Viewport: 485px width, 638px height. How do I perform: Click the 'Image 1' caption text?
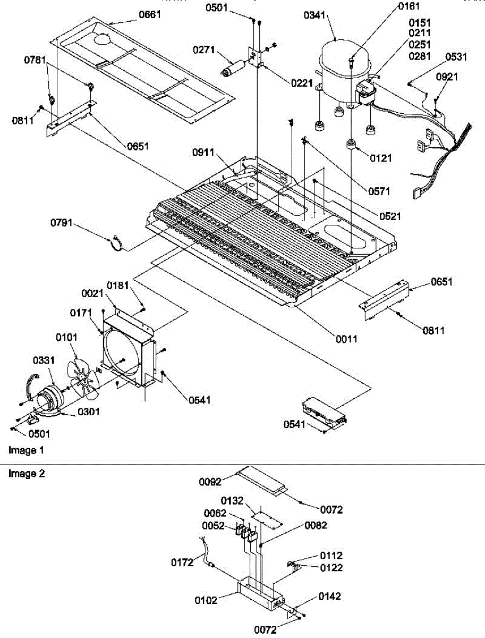point(26,450)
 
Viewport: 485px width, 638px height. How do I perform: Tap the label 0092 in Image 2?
point(210,483)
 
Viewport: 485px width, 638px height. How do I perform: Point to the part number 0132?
point(233,501)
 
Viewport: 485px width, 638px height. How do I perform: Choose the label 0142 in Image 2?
point(330,597)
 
